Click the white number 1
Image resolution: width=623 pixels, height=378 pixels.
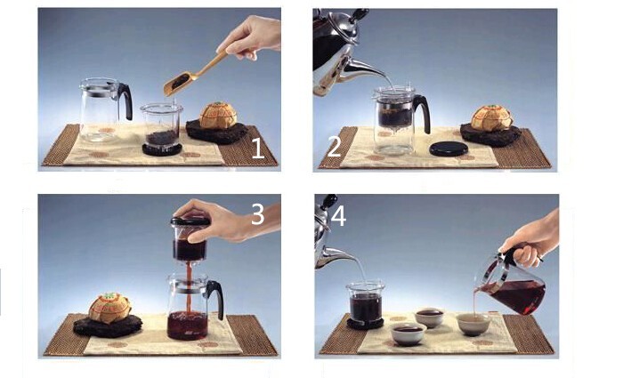click(x=258, y=148)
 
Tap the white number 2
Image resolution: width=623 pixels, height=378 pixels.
click(x=334, y=146)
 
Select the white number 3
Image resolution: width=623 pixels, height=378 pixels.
click(x=258, y=214)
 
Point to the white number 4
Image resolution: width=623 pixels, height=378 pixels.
click(x=338, y=216)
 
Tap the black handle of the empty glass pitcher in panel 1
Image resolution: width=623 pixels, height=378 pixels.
click(x=125, y=100)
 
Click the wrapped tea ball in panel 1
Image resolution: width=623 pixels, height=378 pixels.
click(x=218, y=116)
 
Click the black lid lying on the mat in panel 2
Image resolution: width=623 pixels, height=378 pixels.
click(x=449, y=149)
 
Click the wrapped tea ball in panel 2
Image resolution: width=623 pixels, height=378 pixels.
click(x=491, y=118)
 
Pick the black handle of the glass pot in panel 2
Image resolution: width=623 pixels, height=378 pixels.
click(x=423, y=111)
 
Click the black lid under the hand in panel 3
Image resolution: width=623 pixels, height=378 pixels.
click(x=190, y=221)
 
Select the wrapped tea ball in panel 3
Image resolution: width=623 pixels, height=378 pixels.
click(x=109, y=308)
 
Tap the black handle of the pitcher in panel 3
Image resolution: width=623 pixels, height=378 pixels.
click(x=215, y=296)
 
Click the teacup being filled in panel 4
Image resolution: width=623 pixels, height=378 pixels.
click(x=473, y=324)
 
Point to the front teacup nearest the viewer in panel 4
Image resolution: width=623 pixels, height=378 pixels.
click(x=409, y=334)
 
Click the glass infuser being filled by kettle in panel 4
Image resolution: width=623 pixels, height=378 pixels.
click(x=366, y=302)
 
